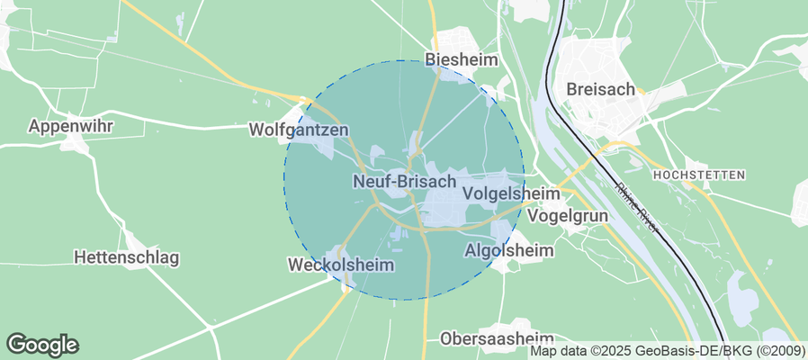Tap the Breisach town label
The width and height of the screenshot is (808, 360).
tap(601, 89)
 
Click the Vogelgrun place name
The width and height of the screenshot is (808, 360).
tap(568, 216)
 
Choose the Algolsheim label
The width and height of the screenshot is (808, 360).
tap(509, 250)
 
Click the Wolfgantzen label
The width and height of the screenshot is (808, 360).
tap(298, 130)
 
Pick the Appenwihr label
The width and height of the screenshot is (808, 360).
tap(70, 126)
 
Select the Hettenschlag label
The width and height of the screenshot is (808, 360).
tap(126, 257)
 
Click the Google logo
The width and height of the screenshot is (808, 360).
tap(42, 344)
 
